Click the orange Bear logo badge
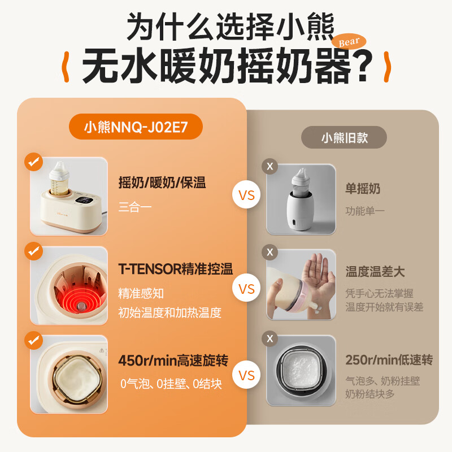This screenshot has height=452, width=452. (349, 41)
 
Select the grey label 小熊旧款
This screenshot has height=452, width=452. (344, 137)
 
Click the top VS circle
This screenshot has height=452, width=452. (246, 196)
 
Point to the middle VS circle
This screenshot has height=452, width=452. (246, 289)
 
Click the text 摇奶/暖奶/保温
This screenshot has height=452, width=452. (162, 182)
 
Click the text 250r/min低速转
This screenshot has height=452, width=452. (389, 360)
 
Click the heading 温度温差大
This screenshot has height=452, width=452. (375, 271)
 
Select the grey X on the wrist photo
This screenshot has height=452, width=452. (270, 252)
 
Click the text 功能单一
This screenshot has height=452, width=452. (365, 211)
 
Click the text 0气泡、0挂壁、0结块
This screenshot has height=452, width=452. (171, 385)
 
